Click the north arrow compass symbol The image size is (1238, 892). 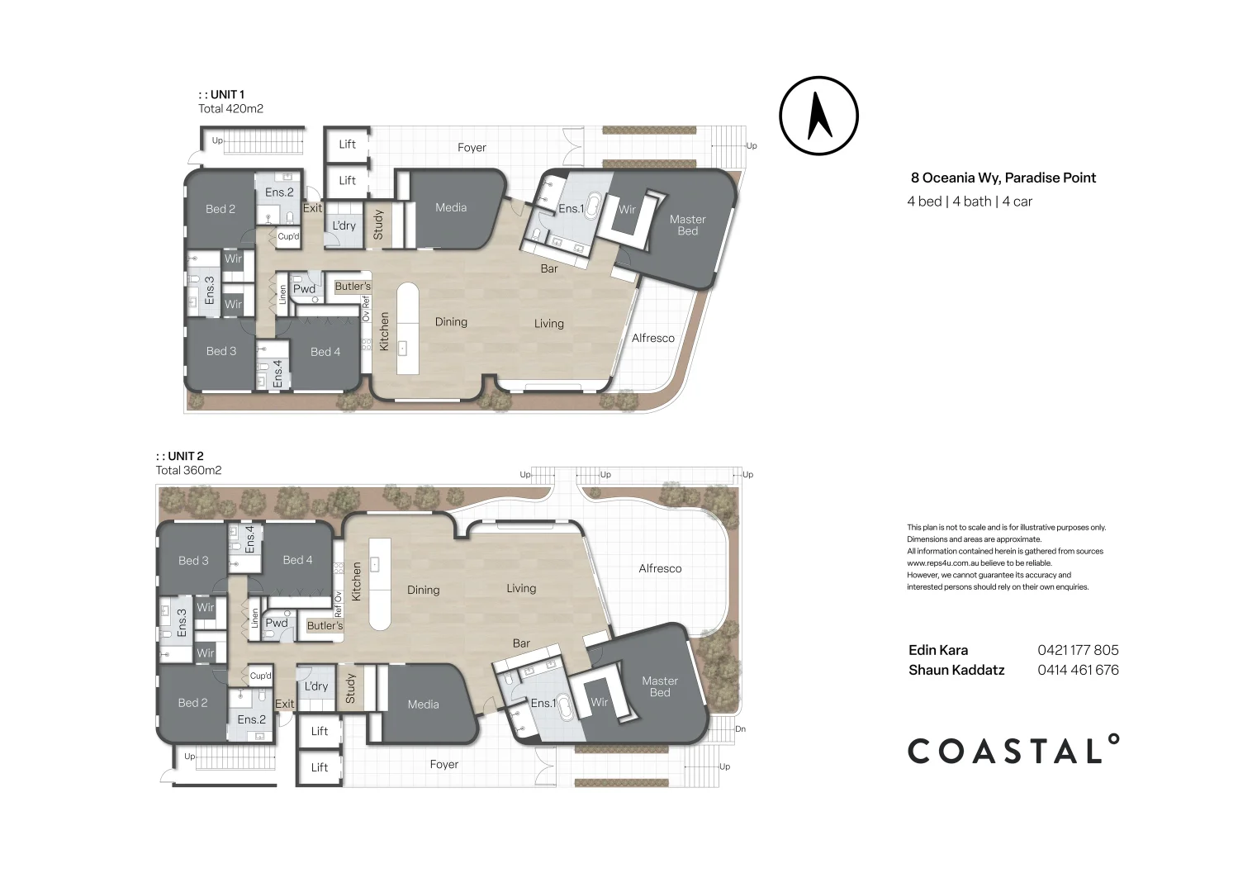click(x=818, y=116)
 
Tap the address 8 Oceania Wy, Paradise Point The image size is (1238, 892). click(x=1003, y=178)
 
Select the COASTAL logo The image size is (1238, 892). click(x=1013, y=751)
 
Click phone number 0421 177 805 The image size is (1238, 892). click(x=1078, y=650)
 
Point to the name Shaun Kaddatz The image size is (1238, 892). click(x=956, y=670)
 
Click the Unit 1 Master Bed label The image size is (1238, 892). click(x=687, y=225)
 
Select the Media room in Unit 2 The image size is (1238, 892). click(x=423, y=705)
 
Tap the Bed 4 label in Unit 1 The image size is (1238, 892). click(x=325, y=352)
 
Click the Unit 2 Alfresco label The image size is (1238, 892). click(x=660, y=568)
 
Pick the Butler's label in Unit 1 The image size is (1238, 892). click(x=353, y=287)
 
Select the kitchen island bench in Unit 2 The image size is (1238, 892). click(x=379, y=583)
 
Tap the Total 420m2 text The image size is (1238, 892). click(x=230, y=108)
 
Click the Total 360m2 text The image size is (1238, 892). click(x=188, y=470)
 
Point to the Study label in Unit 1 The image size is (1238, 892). click(x=378, y=225)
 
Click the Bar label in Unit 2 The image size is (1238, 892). click(x=521, y=643)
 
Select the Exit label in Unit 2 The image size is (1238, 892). click(x=284, y=704)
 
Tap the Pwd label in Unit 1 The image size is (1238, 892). click(x=304, y=289)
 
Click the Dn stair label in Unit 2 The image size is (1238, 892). click(x=740, y=729)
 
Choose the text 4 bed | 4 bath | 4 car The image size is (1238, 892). click(x=970, y=202)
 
